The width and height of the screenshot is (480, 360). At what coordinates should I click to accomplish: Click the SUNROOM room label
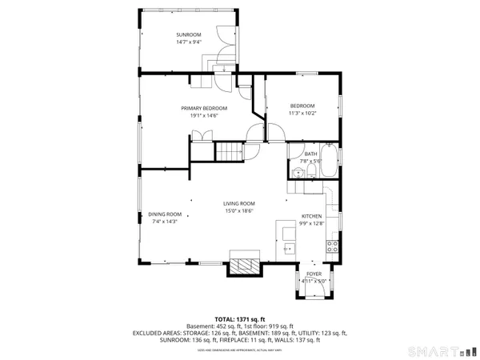[188, 35]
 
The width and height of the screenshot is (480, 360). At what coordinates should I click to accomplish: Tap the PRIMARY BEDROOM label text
[204, 108]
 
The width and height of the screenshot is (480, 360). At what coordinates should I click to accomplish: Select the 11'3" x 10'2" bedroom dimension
[302, 114]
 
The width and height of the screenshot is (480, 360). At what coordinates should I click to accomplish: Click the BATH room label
[311, 154]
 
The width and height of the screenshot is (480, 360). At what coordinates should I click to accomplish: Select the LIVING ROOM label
[238, 204]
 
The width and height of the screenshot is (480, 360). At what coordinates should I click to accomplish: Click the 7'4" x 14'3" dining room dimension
[165, 222]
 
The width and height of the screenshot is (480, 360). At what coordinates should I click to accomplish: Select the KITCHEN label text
[312, 217]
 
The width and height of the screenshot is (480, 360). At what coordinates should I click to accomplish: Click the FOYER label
[314, 274]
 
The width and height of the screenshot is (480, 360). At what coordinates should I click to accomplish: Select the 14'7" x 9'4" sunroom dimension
[188, 43]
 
